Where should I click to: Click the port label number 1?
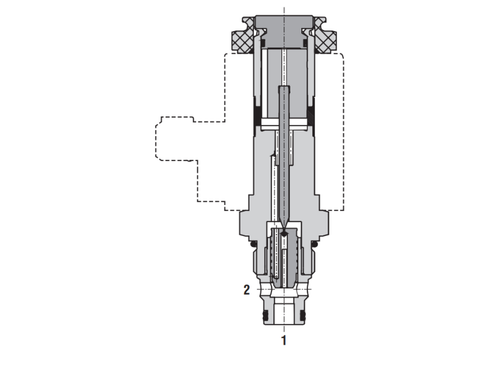tap(284, 340)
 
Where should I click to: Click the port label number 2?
tap(247, 290)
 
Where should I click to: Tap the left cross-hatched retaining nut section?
tap(242, 38)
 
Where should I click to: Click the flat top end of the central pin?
tap(284, 88)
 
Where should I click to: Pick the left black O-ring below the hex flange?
tap(254, 244)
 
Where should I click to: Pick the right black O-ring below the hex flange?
tap(314, 244)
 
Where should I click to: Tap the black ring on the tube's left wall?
tap(257, 117)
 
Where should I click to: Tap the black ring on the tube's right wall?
tap(311, 117)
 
